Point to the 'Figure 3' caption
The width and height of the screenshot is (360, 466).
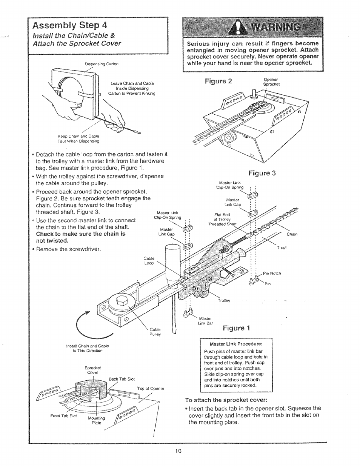pyautogui.click(x=262, y=173)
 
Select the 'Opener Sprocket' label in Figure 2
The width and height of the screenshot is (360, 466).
pyautogui.click(x=271, y=82)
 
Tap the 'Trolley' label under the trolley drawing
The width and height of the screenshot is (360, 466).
pyautogui.click(x=224, y=301)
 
